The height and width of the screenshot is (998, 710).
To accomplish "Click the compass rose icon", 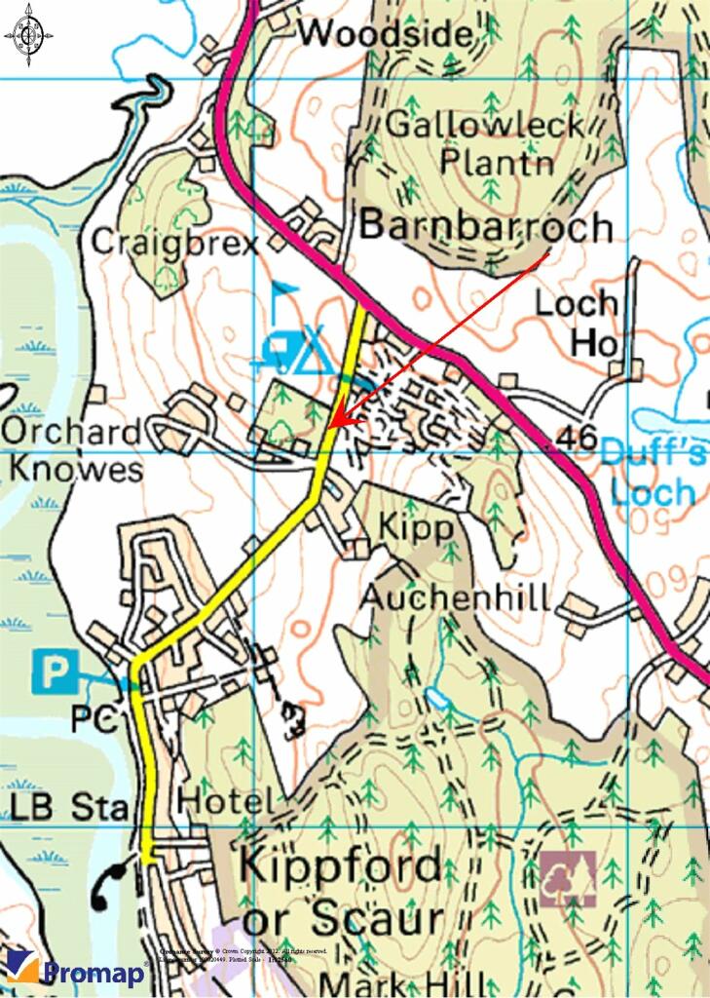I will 28,35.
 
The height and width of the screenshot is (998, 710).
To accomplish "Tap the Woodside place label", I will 386,34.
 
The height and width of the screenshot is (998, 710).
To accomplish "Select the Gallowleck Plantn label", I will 485,141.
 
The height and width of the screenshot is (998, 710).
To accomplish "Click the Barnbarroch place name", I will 486,226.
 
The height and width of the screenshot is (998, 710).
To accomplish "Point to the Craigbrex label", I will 175,242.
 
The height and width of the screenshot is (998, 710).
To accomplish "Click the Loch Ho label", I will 577,322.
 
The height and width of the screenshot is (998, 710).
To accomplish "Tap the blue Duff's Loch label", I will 650,470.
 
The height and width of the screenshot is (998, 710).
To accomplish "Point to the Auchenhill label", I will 455,596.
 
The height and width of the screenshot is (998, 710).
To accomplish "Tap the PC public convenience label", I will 93,720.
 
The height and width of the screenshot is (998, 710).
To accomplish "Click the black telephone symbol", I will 109,884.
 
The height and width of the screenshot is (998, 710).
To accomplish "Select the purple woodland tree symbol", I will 568,879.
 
